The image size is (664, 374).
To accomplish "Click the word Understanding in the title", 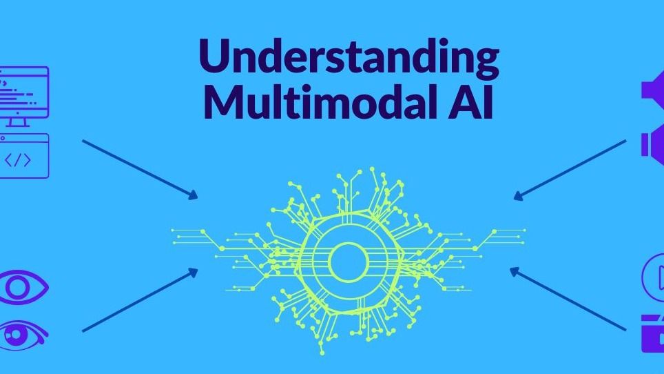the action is click(349, 58).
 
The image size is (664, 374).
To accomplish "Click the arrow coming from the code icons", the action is click(140, 170).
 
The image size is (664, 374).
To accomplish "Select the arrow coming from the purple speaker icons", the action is click(570, 170).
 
